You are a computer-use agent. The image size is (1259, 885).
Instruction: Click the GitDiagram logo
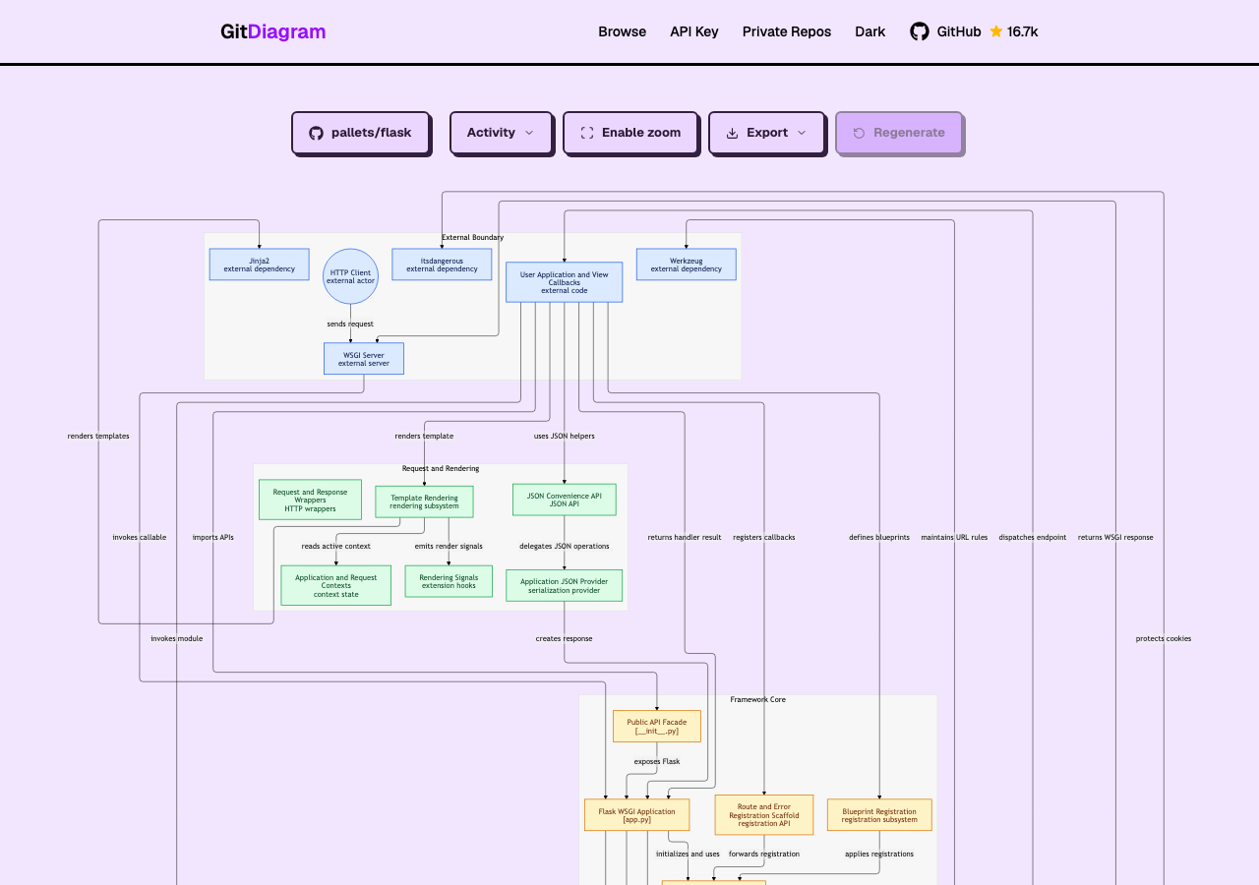[x=272, y=31]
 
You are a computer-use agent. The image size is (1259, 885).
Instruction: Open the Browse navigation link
[x=622, y=31]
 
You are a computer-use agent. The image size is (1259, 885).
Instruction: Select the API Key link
[x=693, y=31]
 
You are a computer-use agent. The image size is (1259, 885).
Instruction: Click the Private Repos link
[x=786, y=31]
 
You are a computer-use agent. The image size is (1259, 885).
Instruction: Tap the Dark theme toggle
[x=869, y=31]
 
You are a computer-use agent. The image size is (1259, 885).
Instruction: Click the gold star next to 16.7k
[x=996, y=30]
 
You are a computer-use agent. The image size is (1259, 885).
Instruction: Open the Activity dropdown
[x=501, y=133]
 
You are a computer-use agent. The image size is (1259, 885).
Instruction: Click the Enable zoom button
[x=630, y=133]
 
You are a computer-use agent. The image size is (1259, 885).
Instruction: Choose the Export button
[x=766, y=133]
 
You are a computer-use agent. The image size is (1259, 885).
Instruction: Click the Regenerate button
[x=899, y=133]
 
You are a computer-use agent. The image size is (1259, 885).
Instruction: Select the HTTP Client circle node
[x=350, y=276]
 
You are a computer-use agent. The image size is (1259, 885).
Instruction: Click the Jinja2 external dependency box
[x=259, y=265]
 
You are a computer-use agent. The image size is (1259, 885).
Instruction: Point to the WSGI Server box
[x=364, y=359]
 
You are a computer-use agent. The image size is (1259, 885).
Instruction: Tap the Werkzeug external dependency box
[x=687, y=265]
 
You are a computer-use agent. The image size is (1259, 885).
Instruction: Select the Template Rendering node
[x=424, y=501]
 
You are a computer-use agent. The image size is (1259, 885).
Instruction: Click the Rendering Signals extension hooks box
[x=449, y=581]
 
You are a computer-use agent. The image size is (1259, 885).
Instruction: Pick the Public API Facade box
[x=656, y=726]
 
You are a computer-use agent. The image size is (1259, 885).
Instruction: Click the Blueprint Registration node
[x=879, y=815]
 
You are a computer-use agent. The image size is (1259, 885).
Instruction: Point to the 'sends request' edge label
[x=350, y=324]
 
